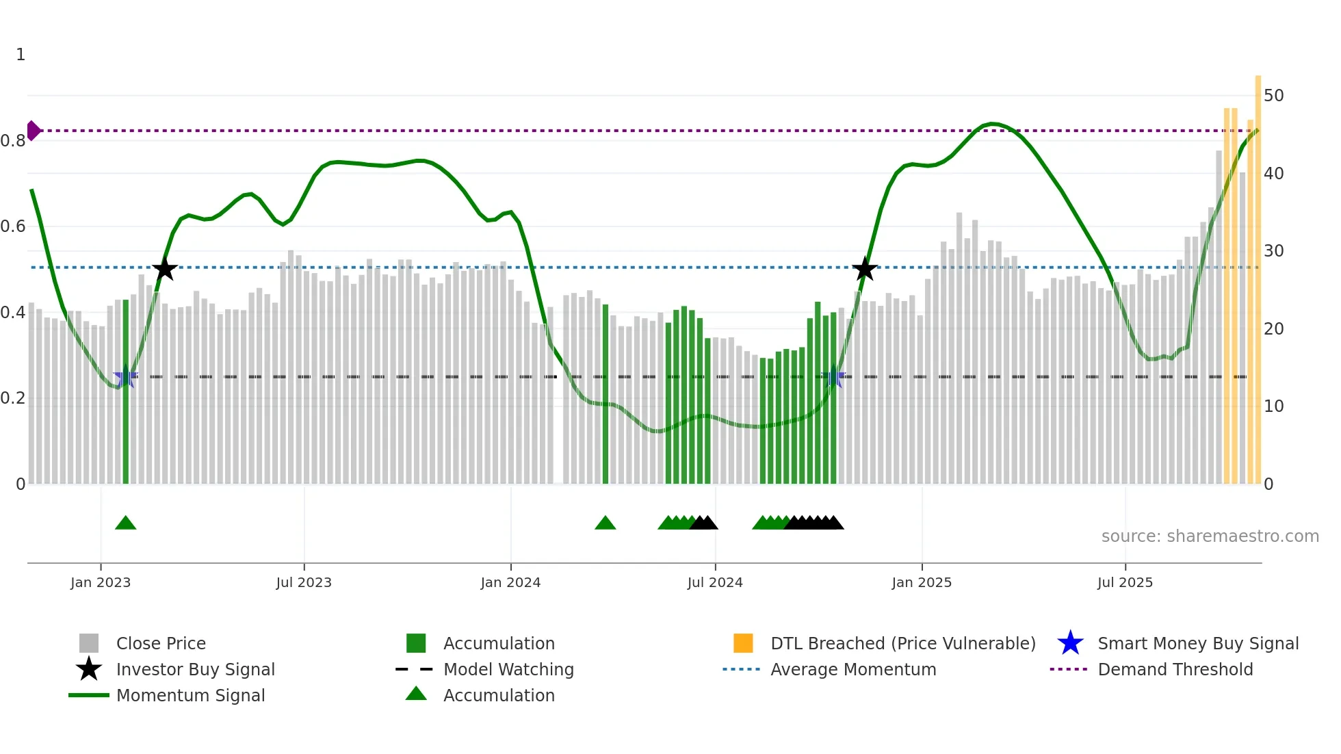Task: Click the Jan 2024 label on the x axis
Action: pyautogui.click(x=510, y=582)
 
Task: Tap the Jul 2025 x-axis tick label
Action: pyautogui.click(x=1125, y=582)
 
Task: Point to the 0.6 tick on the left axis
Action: pyautogui.click(x=13, y=226)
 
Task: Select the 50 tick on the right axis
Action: pyautogui.click(x=1273, y=96)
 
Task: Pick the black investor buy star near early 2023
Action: pyautogui.click(x=164, y=270)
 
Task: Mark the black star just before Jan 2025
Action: pyautogui.click(x=865, y=270)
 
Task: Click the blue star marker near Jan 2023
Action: pyautogui.click(x=125, y=377)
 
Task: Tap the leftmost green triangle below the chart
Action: pyautogui.click(x=125, y=523)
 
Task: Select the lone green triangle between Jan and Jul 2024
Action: pyautogui.click(x=605, y=523)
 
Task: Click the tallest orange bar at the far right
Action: pyautogui.click(x=1258, y=274)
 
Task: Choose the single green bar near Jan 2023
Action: pyautogui.click(x=125, y=390)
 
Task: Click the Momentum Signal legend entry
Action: pyautogui.click(x=190, y=695)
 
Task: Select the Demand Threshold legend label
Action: pyautogui.click(x=1175, y=669)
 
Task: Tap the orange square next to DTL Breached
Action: pyautogui.click(x=743, y=643)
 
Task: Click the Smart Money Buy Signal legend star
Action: pyautogui.click(x=1070, y=643)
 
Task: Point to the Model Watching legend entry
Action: pyautogui.click(x=508, y=669)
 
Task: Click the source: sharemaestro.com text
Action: pyautogui.click(x=1210, y=536)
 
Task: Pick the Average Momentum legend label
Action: pyautogui.click(x=852, y=669)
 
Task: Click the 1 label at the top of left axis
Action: pyautogui.click(x=21, y=55)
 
